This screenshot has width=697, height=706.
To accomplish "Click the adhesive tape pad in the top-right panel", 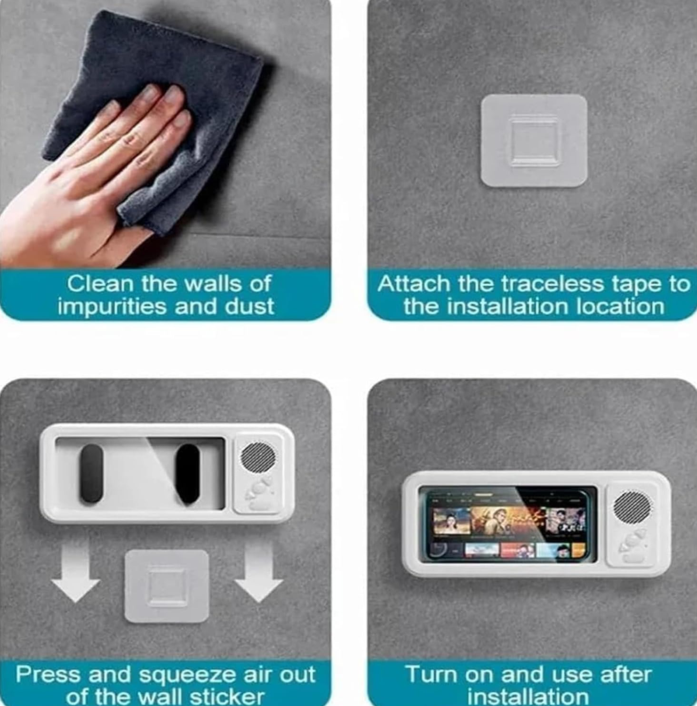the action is [x=534, y=141].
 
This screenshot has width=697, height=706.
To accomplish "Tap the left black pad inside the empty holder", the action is [x=91, y=474].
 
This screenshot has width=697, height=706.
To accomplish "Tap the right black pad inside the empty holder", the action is [x=187, y=473].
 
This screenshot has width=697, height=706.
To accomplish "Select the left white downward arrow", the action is [x=75, y=570].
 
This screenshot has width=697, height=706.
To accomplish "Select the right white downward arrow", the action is [x=258, y=570].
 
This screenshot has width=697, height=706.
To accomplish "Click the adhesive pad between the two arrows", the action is [x=167, y=586].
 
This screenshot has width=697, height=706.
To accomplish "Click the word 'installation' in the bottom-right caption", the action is [x=528, y=697].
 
